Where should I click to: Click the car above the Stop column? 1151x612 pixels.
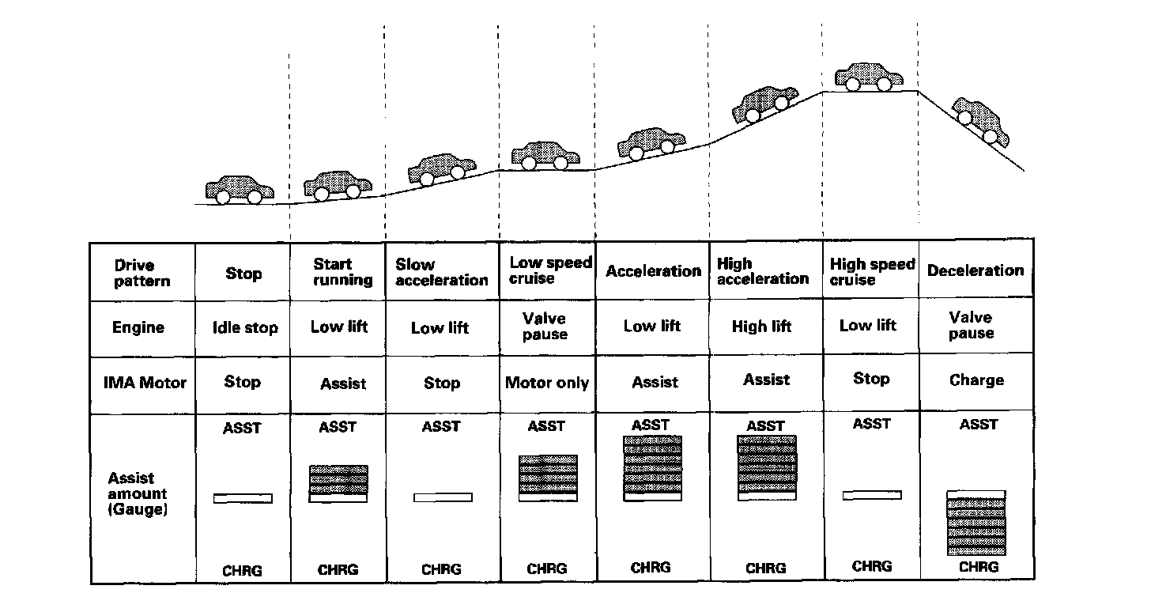point(240,189)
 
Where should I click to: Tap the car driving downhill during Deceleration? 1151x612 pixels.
point(981,122)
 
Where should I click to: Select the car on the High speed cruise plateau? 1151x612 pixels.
point(869,77)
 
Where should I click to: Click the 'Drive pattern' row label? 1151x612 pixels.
point(142,273)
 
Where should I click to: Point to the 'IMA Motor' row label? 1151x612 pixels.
point(145,383)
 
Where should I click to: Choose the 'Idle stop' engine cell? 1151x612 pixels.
point(244,327)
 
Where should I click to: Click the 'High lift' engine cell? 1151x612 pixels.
point(761,326)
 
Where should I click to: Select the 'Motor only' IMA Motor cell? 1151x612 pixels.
point(547,383)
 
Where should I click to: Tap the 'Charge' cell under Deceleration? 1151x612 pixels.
point(976,380)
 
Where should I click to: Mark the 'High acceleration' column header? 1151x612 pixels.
point(762,270)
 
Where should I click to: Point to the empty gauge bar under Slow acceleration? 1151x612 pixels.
point(443,497)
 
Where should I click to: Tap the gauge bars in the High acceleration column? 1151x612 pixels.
point(766,467)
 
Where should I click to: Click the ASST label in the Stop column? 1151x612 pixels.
point(242,429)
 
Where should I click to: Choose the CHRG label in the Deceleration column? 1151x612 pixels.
point(978,567)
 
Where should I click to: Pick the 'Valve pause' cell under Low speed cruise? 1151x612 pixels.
point(545,326)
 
